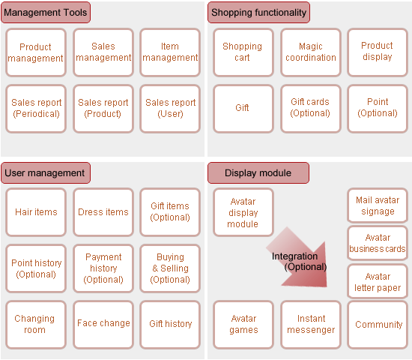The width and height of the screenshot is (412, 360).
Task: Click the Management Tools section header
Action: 46,12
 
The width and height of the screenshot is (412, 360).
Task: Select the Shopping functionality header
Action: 259,12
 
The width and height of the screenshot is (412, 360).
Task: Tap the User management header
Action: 46,173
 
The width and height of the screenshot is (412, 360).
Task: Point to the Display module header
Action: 258,173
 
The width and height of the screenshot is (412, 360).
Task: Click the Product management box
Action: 36,52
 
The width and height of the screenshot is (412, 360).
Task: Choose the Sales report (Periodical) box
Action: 36,109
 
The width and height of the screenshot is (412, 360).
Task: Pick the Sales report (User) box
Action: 170,109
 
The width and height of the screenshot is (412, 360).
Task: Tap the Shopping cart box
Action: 243,52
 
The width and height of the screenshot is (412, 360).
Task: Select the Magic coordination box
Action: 311,52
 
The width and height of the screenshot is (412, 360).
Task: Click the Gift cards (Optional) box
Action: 311,109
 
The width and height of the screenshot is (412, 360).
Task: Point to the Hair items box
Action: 36,212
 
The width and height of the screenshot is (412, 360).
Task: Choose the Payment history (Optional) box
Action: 103,268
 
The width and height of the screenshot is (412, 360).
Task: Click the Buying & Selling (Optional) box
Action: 170,268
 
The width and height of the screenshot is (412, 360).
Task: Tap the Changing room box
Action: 36,325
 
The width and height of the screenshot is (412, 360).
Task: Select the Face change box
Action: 103,325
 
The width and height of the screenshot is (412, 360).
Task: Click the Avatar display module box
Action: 243,212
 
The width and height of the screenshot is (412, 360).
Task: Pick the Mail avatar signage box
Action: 378,205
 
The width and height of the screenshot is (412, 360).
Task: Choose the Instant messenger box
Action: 311,325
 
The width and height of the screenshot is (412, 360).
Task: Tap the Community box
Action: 378,325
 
